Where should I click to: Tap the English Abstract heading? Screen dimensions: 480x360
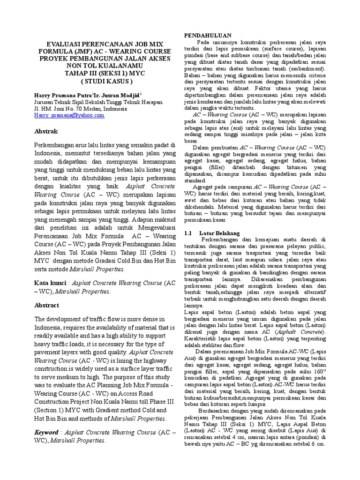point(47,305)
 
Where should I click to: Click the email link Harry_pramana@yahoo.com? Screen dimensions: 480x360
point(69,115)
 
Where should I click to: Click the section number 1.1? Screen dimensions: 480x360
point(188,233)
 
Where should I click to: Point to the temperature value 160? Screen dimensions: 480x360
point(318,378)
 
